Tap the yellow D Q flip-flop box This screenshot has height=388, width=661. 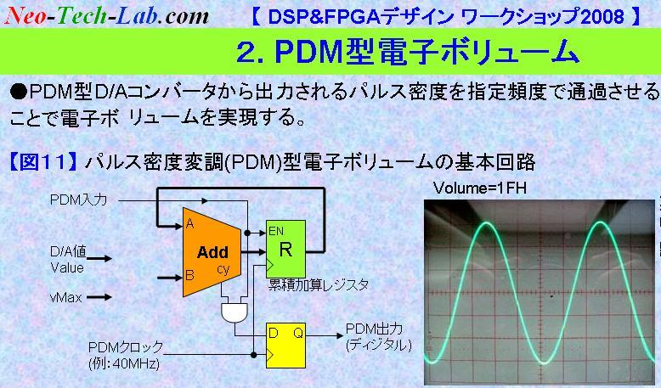[285, 346]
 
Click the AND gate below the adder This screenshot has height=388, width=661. [234, 312]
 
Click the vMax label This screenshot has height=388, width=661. [65, 297]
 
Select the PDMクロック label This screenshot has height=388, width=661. [126, 347]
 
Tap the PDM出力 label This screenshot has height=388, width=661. [374, 329]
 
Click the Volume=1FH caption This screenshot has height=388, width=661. [480, 188]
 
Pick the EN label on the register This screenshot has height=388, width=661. [276, 231]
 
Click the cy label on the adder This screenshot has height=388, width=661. [223, 269]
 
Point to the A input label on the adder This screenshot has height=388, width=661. [190, 224]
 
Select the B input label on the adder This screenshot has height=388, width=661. [189, 276]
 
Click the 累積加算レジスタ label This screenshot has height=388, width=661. [319, 285]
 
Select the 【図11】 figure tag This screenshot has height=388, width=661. [43, 162]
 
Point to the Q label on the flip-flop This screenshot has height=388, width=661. [298, 334]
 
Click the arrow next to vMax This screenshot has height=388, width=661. [99, 297]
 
